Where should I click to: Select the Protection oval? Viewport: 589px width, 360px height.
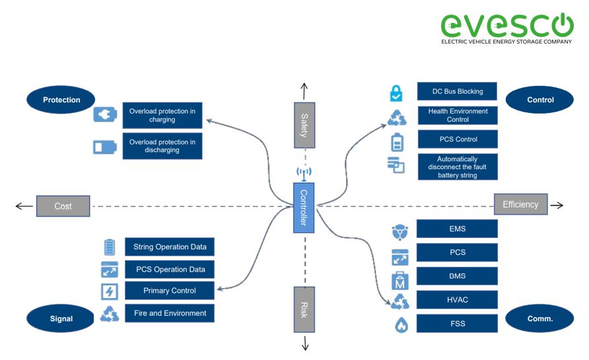click(61, 100)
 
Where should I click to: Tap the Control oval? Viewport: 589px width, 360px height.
click(539, 100)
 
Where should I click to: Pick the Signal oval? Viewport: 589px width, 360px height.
click(61, 318)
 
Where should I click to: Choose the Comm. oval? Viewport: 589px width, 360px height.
click(539, 318)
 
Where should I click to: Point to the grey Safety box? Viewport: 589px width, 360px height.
click(304, 125)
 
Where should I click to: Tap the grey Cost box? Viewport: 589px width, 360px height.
click(63, 206)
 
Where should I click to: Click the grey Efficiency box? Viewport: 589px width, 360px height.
click(520, 204)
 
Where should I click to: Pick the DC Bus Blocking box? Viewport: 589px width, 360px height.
click(457, 91)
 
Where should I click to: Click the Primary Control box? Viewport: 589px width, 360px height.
click(170, 291)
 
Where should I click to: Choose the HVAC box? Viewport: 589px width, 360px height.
click(457, 300)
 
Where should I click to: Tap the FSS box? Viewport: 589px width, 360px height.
click(457, 325)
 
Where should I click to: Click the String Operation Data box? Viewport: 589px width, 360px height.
click(170, 247)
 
